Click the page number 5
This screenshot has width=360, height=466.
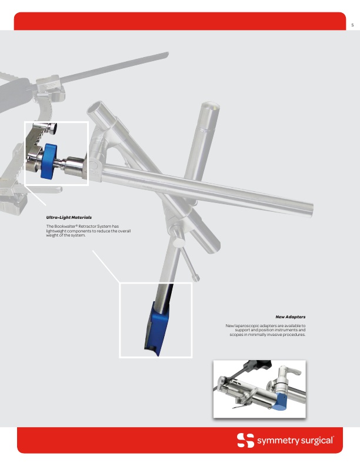pyautogui.click(x=352, y=25)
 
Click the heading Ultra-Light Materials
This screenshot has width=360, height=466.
pyautogui.click(x=69, y=218)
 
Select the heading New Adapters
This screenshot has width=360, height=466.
pyautogui.click(x=290, y=317)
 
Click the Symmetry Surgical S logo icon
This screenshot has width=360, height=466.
pyautogui.click(x=246, y=440)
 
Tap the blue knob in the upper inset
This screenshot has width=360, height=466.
pyautogui.click(x=49, y=161)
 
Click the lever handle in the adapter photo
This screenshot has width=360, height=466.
pyautogui.click(x=289, y=371)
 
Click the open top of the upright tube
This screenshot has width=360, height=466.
pyautogui.click(x=210, y=105)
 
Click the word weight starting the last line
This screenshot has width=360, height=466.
pyautogui.click(x=52, y=235)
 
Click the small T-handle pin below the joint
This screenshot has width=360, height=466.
pyautogui.click(x=190, y=265)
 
